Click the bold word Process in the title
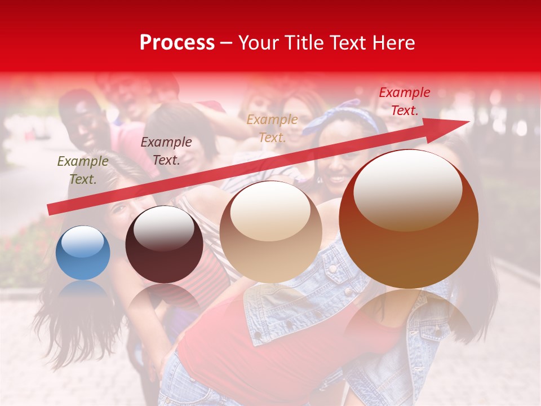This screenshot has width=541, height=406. coord(177,43)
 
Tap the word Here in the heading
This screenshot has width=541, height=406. coord(393,43)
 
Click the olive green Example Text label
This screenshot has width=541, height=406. coord(83,170)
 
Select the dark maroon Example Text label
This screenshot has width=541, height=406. coord(166,151)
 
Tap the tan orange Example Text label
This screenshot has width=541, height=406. coord(272,128)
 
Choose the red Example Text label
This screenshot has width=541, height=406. coord(404,101)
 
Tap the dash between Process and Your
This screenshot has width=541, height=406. coord(226,43)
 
